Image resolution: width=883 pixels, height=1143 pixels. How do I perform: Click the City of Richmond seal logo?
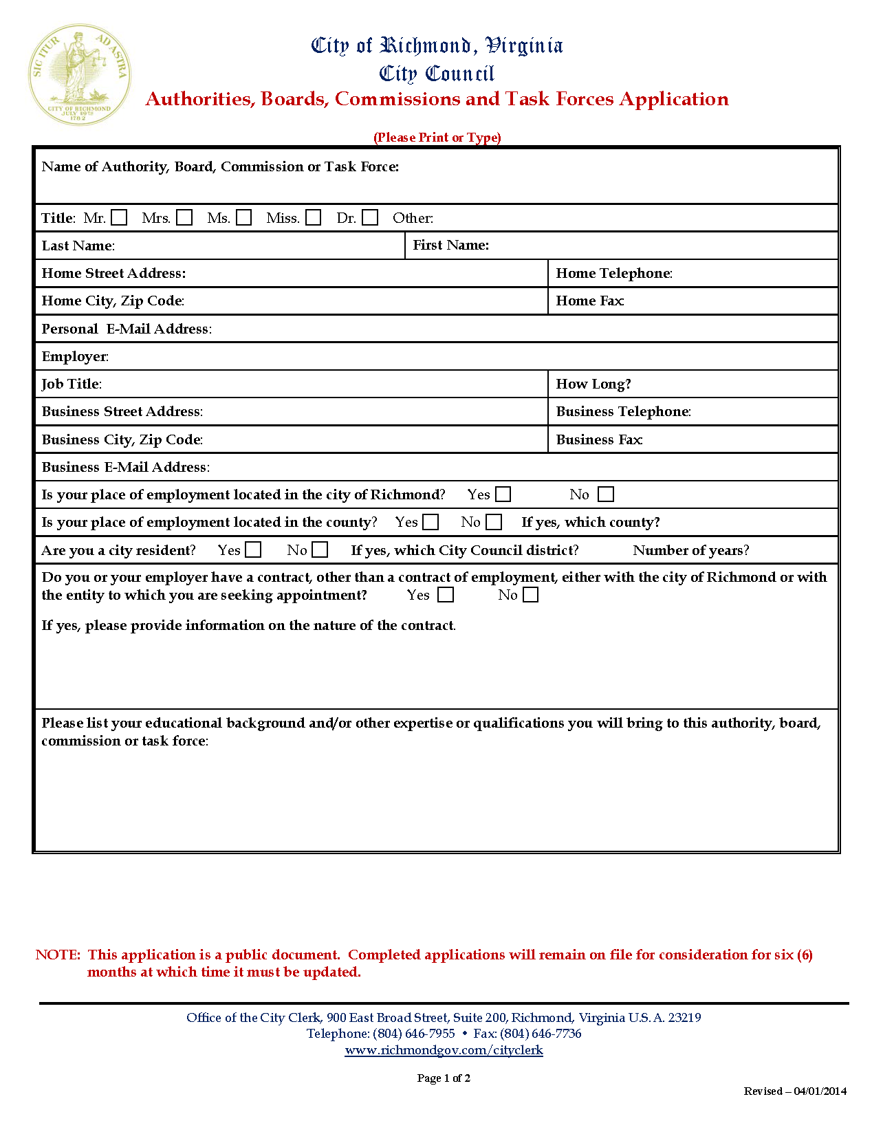79,74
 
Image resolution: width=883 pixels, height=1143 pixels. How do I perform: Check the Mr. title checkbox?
120,218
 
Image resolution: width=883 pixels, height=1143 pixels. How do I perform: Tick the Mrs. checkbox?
184,218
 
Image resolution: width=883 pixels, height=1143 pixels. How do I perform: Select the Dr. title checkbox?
370,218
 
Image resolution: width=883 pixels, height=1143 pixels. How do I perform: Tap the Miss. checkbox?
314,218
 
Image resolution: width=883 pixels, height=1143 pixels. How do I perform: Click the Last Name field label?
78,246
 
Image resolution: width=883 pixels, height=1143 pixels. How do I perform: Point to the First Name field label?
450,246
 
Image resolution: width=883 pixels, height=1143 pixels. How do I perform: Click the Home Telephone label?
613,273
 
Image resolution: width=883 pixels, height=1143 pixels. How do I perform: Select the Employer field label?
75,356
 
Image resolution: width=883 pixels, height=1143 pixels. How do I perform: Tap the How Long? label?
593,384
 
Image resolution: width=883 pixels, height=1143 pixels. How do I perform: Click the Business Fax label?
599,439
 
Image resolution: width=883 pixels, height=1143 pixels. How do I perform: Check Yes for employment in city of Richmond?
503,494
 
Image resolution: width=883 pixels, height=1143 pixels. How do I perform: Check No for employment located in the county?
494,522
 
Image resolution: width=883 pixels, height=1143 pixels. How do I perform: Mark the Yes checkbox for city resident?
254,550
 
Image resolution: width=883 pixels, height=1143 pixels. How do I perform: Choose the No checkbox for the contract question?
530,595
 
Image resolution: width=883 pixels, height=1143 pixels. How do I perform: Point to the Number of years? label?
690,550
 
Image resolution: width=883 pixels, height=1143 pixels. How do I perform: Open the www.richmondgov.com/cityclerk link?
444,1050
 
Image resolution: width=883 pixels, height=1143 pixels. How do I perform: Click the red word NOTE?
58,955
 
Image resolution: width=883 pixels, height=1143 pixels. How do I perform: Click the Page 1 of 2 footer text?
444,1078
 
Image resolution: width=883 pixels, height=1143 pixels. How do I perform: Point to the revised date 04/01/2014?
820,1091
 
